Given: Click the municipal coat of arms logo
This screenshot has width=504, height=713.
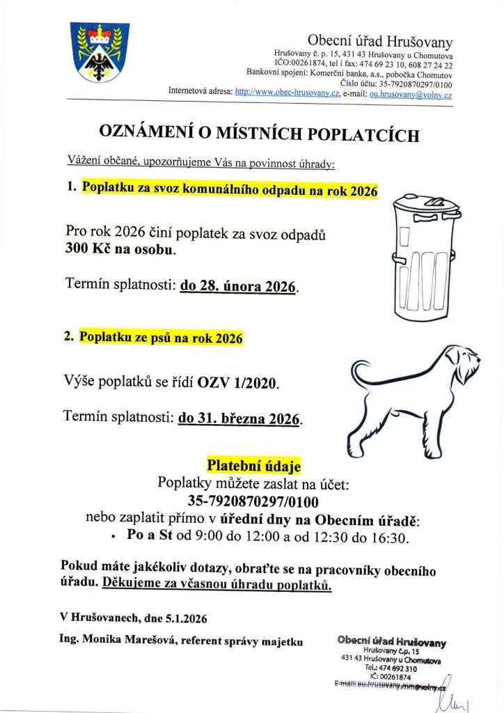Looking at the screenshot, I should point(99,52).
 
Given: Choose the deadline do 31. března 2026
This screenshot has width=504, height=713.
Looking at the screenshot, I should point(239,419).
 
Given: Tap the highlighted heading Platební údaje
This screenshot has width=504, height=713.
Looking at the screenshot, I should point(253,465).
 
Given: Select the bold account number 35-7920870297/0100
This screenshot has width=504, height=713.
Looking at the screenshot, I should point(253,500).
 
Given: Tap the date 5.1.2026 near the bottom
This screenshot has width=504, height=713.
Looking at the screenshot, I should point(184,617).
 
